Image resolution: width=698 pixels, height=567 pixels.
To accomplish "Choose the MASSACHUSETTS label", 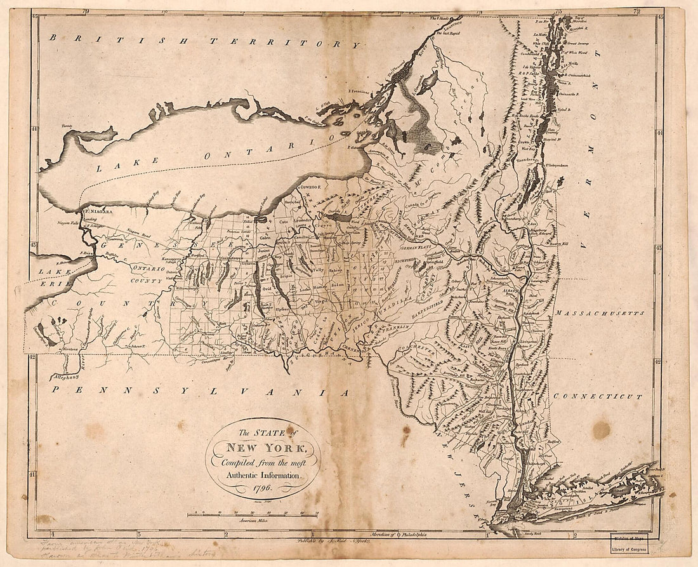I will coord(599,313).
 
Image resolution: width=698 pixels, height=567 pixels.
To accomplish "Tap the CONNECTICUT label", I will coord(597,396).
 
